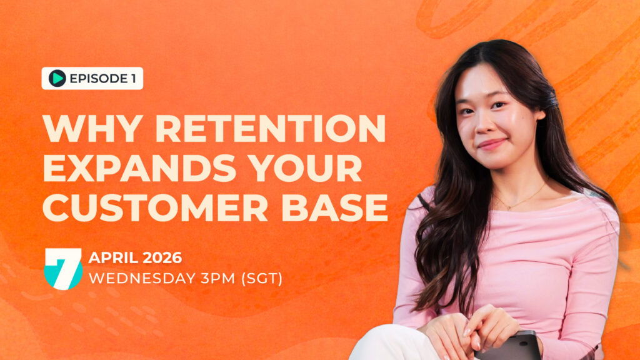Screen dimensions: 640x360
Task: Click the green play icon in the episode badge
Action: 57,78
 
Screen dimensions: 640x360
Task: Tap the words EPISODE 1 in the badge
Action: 103,78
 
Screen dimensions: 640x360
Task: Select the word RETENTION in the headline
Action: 271,129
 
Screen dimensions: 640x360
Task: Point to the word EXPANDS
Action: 139,168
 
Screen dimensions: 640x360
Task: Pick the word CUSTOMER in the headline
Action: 155,207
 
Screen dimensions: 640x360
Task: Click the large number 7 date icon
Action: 63,269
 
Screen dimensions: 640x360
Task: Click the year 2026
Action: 162,257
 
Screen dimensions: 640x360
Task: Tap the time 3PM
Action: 218,278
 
